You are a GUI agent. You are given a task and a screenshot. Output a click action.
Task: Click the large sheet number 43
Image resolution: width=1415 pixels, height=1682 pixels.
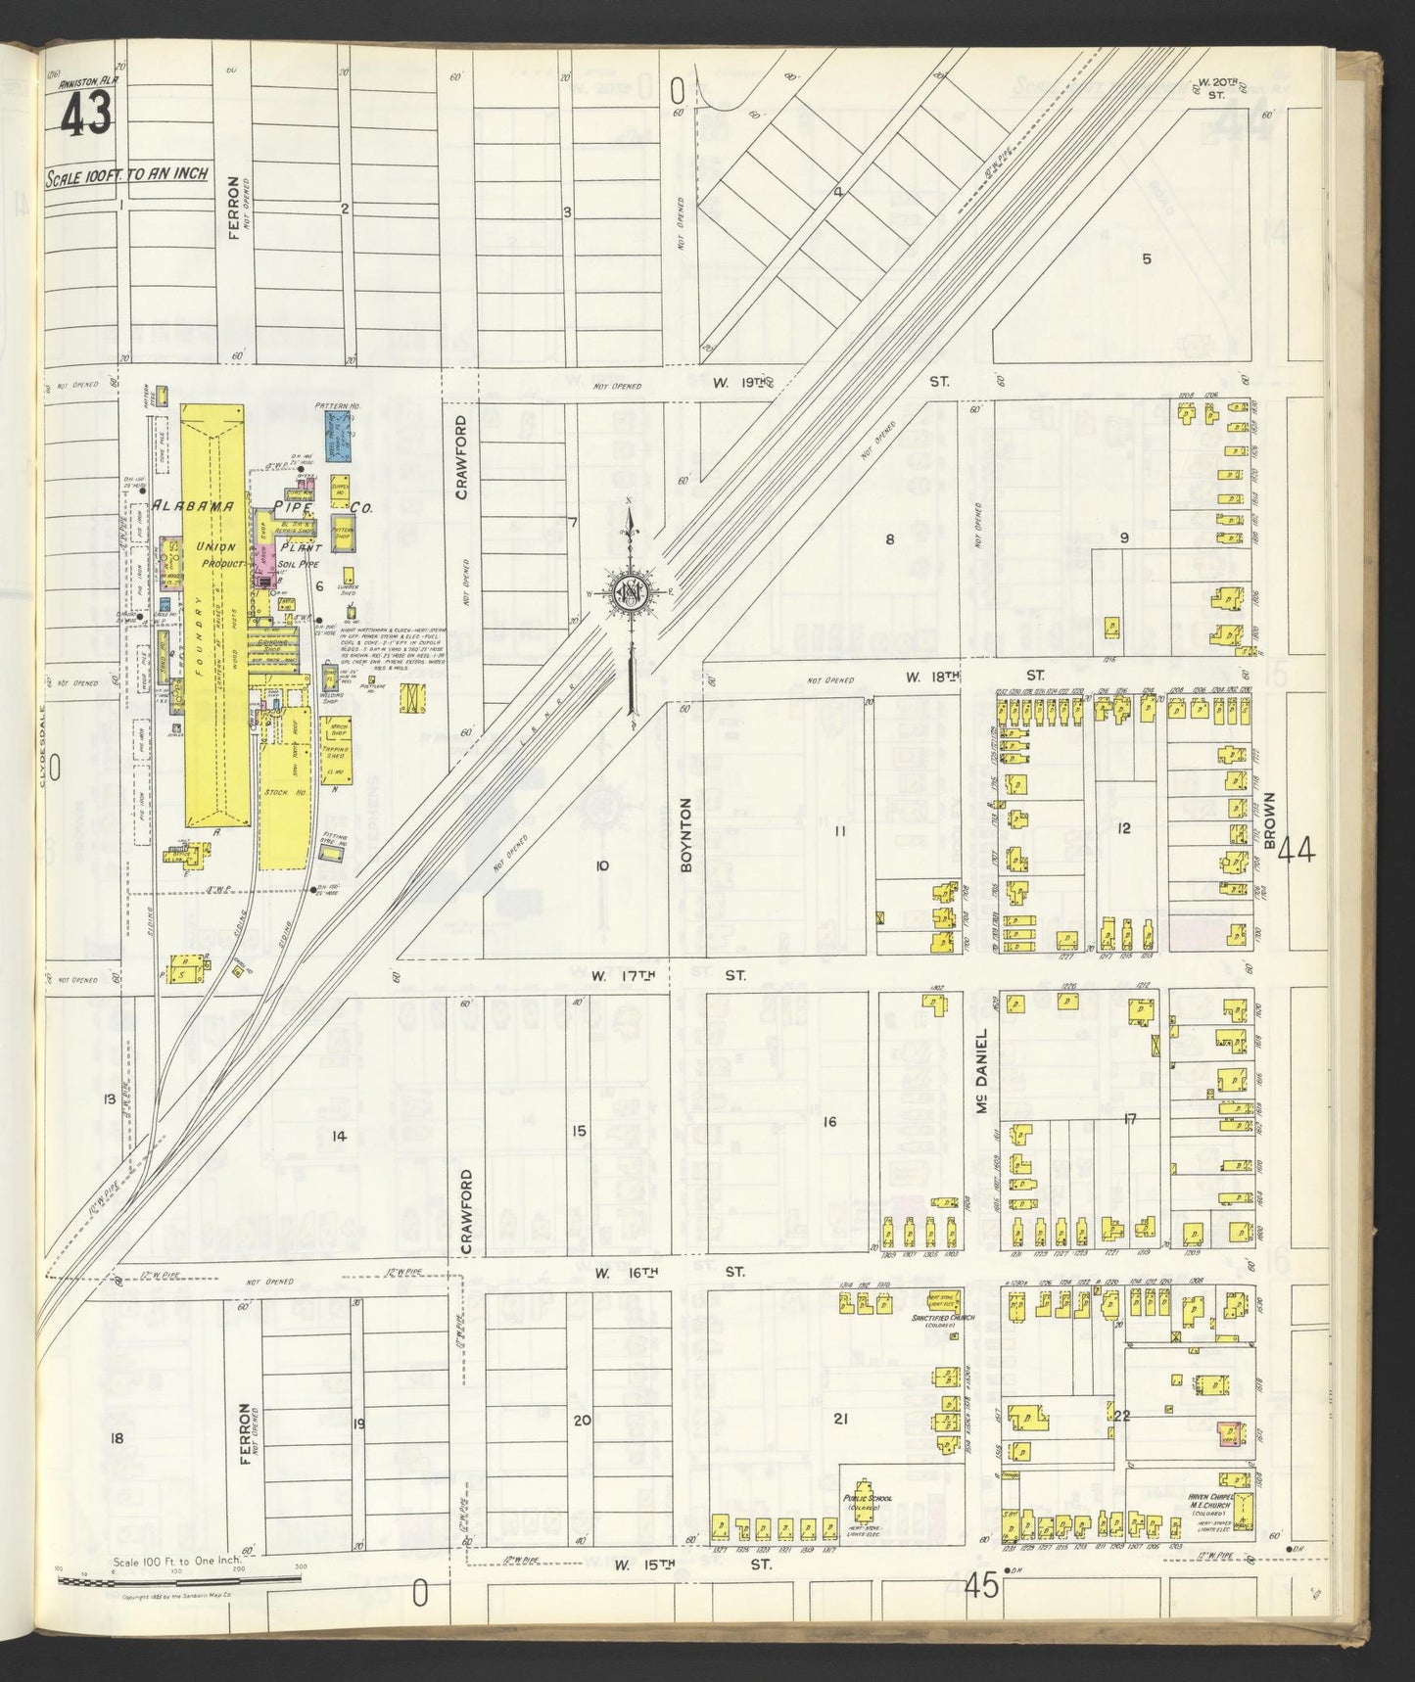tap(85, 118)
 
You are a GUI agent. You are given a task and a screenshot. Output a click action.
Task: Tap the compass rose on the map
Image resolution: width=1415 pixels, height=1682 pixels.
tap(629, 593)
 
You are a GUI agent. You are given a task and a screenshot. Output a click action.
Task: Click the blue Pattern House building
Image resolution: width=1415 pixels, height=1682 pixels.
tap(339, 431)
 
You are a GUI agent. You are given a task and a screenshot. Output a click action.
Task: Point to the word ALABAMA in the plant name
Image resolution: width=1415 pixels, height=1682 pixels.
tap(192, 506)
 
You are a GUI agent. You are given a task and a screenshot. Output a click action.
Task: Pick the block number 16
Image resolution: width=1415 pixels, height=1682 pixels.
tap(828, 1121)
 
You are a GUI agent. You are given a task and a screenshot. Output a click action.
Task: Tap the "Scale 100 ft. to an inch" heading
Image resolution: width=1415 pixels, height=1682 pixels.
tap(127, 175)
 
